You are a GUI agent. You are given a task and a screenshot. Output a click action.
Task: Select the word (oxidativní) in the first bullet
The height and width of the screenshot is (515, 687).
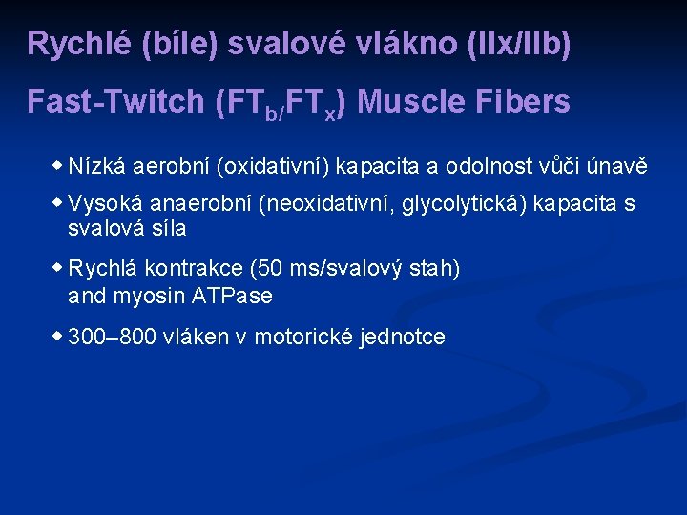point(276,167)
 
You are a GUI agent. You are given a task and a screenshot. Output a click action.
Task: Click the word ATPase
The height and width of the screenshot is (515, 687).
point(233,296)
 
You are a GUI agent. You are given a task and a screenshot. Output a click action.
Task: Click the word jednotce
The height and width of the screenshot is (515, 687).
point(402,338)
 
